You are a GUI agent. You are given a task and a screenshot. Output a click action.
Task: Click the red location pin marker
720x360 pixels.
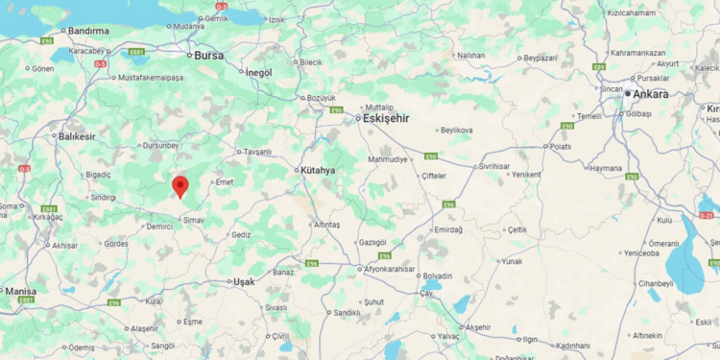click(180, 186)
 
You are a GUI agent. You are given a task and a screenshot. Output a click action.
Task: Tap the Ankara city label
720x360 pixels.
click(651, 94)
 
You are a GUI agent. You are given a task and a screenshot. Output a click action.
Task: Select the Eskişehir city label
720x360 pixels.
click(386, 118)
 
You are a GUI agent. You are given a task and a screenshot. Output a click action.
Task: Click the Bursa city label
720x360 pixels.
click(208, 56)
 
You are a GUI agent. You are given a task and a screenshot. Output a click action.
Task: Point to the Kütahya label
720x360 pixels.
click(318, 170)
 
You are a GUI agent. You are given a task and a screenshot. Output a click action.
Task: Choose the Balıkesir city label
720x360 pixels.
click(78, 136)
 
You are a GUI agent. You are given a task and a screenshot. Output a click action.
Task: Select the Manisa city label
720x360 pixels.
click(20, 290)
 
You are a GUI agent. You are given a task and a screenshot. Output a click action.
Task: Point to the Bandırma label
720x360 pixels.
click(88, 31)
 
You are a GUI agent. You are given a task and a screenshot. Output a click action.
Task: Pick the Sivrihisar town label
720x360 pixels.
click(493, 166)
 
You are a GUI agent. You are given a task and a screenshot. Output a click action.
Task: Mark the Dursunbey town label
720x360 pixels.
click(159, 145)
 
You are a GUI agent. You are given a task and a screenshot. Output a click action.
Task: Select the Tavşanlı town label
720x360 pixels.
click(257, 152)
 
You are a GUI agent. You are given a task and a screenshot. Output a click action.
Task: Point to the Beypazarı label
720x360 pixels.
click(541, 58)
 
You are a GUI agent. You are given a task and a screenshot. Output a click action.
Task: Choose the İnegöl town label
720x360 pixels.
click(258, 72)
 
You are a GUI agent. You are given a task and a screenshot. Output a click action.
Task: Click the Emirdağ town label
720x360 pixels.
click(448, 229)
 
